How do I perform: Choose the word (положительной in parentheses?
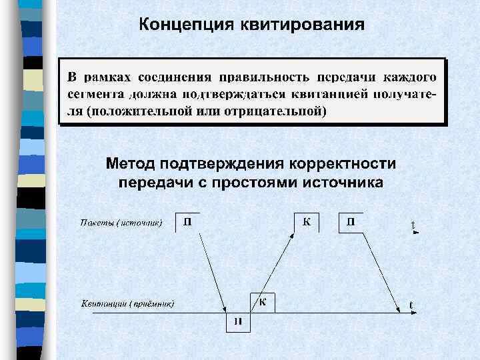139,111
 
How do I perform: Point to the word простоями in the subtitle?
254,182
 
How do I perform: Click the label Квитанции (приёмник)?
128,304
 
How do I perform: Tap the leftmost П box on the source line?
188,222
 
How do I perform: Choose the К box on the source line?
306,222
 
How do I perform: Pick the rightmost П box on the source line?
351,222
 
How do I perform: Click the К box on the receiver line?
262,301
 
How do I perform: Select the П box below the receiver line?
237,321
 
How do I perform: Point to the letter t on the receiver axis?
411,305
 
